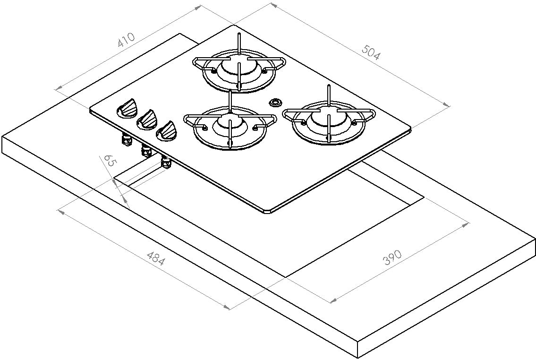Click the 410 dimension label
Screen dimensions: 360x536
[126, 40]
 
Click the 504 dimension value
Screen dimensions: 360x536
[371, 51]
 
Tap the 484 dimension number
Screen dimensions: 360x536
[155, 258]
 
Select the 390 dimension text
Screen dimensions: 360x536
[391, 257]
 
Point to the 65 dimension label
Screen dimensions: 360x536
[109, 161]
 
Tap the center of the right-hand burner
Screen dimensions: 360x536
[327, 120]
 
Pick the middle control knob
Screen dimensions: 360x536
[147, 120]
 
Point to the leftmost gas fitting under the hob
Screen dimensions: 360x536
[127, 140]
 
